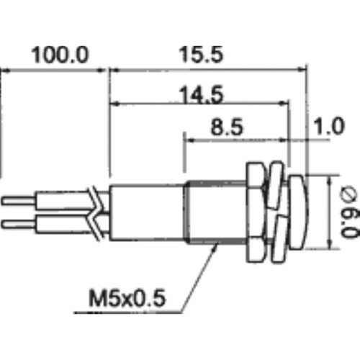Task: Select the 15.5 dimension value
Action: click(199, 55)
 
